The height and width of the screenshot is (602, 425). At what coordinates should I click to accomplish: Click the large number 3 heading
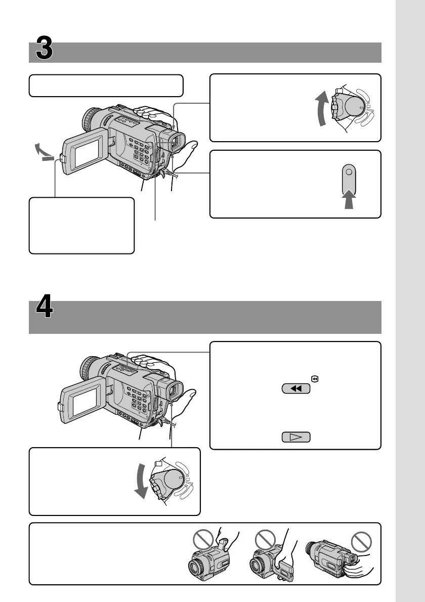point(45,52)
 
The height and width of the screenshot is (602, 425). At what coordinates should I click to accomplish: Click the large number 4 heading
point(45,310)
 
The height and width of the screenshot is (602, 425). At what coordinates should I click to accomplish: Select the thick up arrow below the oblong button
point(348,200)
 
